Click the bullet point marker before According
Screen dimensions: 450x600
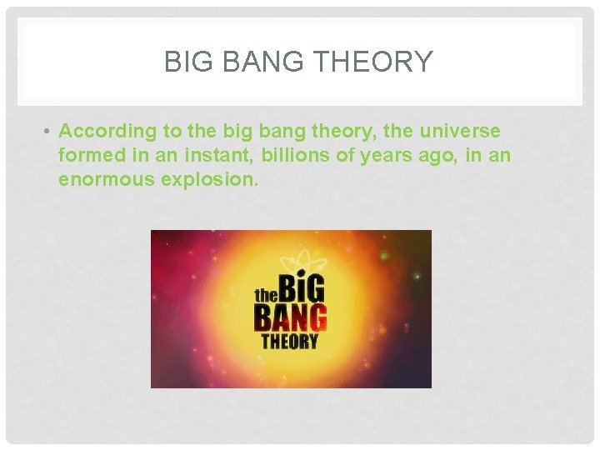[50, 132]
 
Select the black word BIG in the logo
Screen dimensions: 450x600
[301, 287]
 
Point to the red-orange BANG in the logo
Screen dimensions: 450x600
[290, 317]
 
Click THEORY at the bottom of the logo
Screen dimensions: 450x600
[289, 342]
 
